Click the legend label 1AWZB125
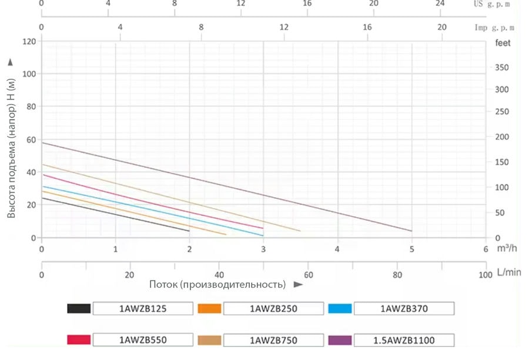143,309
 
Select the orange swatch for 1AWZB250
210,309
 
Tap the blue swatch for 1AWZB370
340,309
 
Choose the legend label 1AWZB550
143,340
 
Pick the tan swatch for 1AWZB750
210,340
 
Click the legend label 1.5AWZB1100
404,340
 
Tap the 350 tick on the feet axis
501,68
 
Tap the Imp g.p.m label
494,27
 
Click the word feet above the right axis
503,43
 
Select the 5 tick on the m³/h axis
412,249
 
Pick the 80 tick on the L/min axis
397,274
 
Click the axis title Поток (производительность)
217,285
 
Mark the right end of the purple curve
411,231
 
